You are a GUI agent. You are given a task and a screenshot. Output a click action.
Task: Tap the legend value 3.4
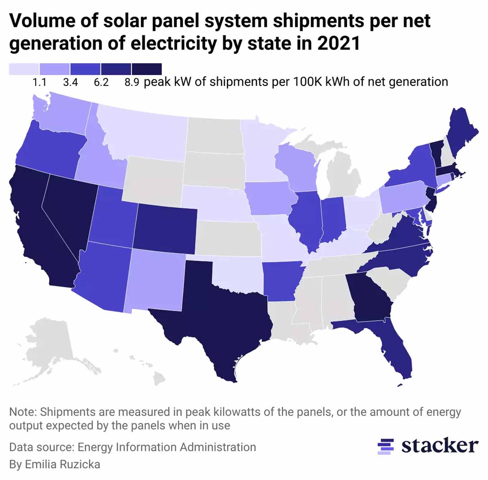70,82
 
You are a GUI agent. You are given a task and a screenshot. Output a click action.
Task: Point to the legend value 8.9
132,82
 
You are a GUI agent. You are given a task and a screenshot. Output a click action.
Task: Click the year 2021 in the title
338,43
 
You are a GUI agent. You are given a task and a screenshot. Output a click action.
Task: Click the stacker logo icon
386,446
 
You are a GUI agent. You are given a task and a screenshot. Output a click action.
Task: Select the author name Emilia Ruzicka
62,464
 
